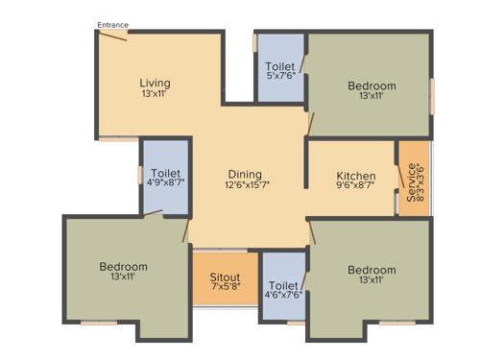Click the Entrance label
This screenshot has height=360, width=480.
pyautogui.click(x=112, y=25)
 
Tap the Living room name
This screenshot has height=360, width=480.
pyautogui.click(x=155, y=83)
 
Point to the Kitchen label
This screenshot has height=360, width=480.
pyautogui.click(x=355, y=177)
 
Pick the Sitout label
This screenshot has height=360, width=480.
pyautogui.click(x=226, y=277)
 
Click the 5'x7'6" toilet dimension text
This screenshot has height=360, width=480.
pyautogui.click(x=280, y=76)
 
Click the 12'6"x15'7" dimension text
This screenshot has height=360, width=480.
pyautogui.click(x=247, y=185)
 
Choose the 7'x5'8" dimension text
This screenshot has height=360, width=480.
pyautogui.click(x=226, y=289)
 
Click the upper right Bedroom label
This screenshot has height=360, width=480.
pyautogui.click(x=371, y=86)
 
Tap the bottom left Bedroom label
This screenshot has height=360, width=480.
pyautogui.click(x=123, y=266)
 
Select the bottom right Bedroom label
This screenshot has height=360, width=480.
pyautogui.click(x=371, y=270)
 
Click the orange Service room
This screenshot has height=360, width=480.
pyautogui.click(x=414, y=180)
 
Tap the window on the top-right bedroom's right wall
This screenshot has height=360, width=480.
pyautogui.click(x=432, y=96)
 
